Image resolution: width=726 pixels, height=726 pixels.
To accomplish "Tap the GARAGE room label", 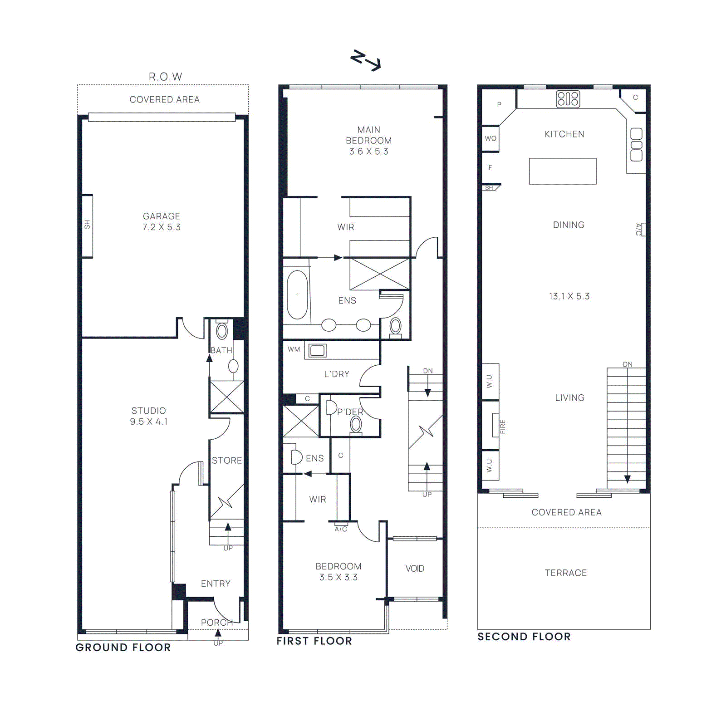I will (x=162, y=216).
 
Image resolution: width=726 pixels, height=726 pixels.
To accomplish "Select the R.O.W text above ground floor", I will (x=165, y=77).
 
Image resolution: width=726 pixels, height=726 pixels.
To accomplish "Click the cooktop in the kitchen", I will (x=568, y=99).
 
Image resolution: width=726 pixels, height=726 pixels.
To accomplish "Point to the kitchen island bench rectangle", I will (x=563, y=171).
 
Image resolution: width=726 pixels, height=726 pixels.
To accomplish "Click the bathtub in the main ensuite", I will (x=297, y=295).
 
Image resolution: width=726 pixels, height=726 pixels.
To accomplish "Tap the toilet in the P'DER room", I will (x=356, y=425).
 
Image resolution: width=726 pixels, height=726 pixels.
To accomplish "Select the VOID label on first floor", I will (x=415, y=569).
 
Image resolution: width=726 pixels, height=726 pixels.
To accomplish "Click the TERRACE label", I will (x=565, y=573).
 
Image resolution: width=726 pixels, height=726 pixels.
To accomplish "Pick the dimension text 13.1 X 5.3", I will (x=569, y=296).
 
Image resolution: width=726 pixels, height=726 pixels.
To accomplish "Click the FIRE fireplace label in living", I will (x=502, y=427).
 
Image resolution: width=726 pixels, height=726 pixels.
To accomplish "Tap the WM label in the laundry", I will (x=294, y=349).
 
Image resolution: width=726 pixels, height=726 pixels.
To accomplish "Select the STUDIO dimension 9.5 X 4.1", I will (x=149, y=422).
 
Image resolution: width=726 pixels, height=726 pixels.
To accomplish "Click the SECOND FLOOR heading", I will (x=524, y=637).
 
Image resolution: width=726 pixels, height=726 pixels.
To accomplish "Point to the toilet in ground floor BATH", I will (x=222, y=330).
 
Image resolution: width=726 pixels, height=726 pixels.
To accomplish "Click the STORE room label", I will (x=227, y=461).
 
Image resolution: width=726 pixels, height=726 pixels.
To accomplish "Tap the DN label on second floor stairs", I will (x=628, y=364).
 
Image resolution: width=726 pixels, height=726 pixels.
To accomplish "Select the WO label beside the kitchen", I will (x=491, y=138).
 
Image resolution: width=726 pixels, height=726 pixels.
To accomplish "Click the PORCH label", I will (x=217, y=623).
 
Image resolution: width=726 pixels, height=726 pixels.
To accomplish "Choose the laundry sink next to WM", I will (x=318, y=350).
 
